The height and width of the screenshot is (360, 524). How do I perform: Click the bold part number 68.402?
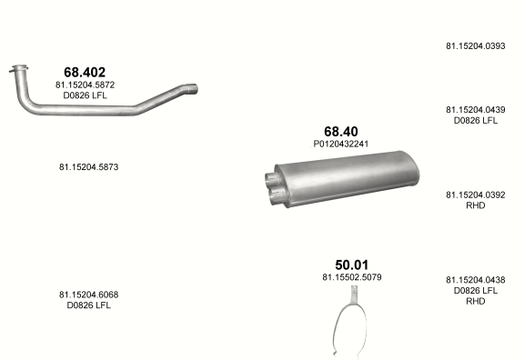point(85,72)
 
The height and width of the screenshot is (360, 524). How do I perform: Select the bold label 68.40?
point(341,131)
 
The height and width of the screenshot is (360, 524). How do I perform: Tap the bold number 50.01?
point(351,265)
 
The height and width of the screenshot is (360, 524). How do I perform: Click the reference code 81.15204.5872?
point(85,85)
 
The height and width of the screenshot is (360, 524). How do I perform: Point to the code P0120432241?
point(341,144)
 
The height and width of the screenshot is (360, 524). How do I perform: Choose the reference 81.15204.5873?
point(88,166)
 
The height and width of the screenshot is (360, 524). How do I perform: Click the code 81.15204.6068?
point(88,295)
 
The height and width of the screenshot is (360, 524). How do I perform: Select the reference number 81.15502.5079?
point(351,277)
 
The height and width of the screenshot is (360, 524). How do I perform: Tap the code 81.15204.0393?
point(475,45)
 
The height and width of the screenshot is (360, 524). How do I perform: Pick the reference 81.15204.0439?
point(475,109)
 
